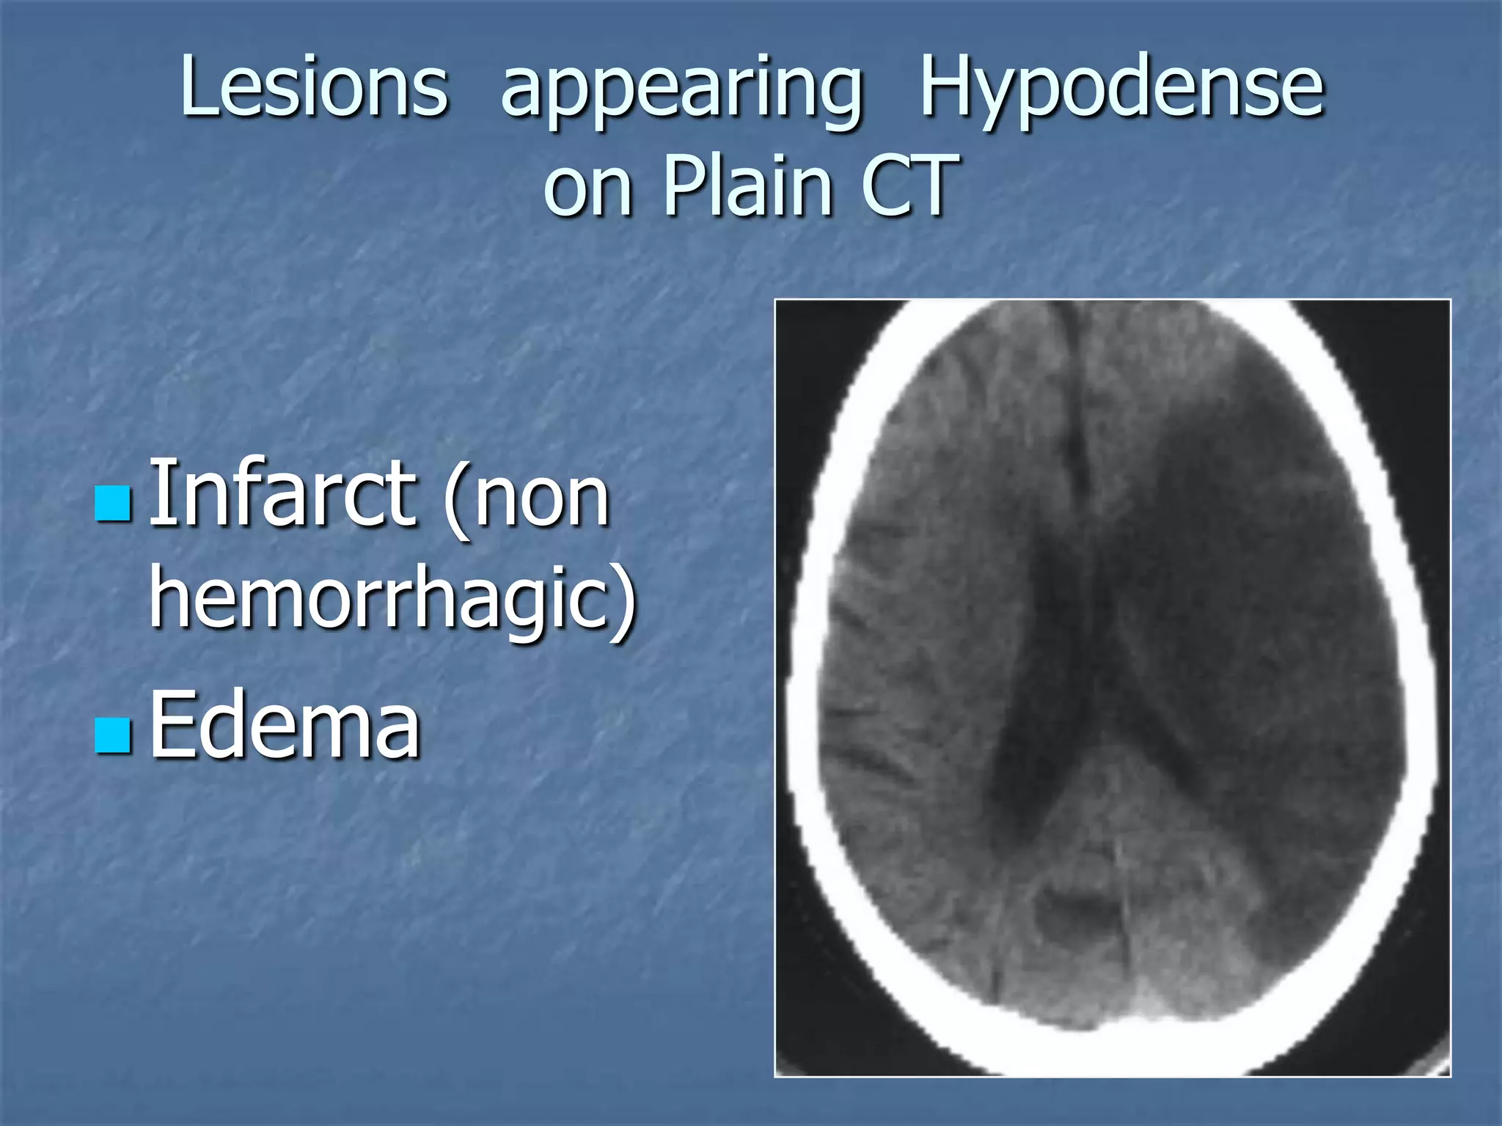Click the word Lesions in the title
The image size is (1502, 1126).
314,87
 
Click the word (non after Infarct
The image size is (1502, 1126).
527,498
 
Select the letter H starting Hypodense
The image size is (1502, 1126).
948,87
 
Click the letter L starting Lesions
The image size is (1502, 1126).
197,87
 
